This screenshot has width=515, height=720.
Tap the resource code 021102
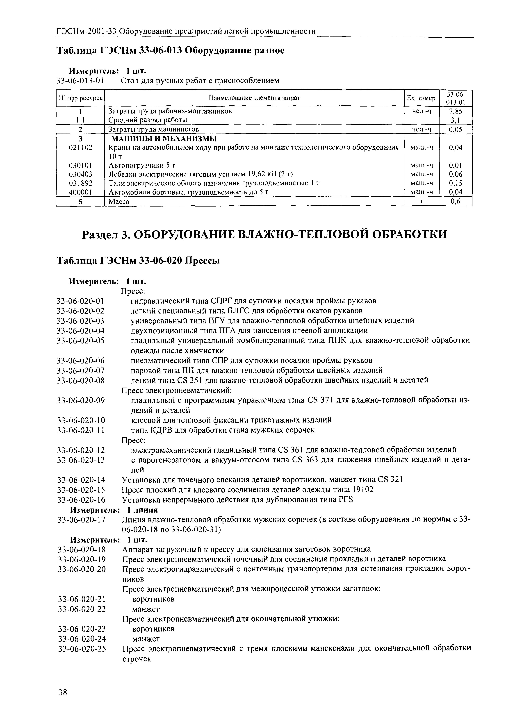(x=80, y=147)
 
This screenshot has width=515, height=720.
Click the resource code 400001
(x=80, y=192)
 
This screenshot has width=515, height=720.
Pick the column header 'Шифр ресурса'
(x=80, y=98)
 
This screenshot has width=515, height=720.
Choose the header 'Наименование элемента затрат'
(x=254, y=98)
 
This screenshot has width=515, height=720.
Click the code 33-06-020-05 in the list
(x=81, y=341)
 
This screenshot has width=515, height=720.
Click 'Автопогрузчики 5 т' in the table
(x=142, y=165)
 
